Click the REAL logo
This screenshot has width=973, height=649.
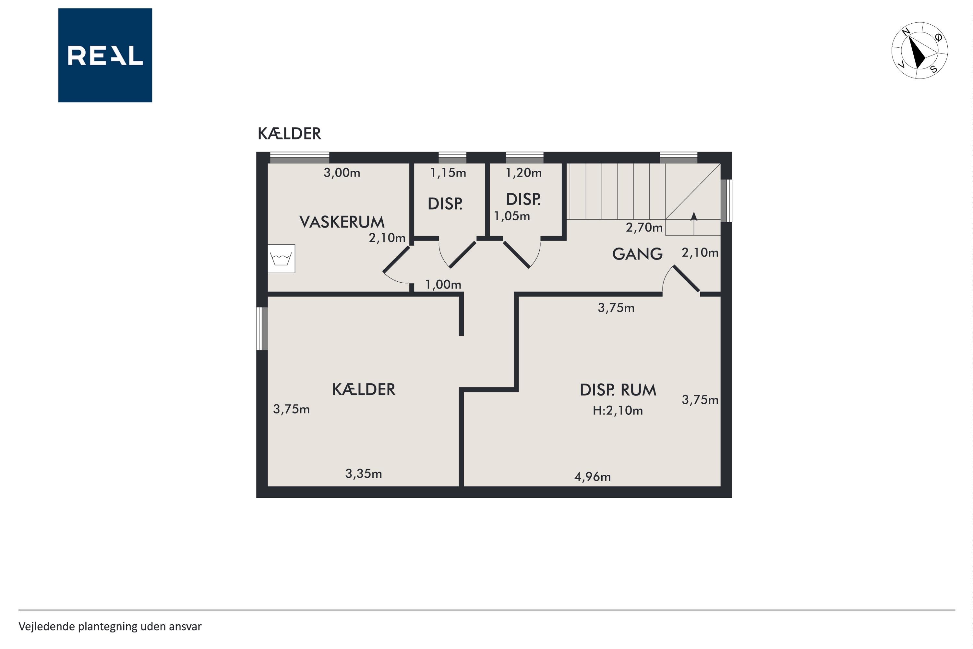click(x=105, y=55)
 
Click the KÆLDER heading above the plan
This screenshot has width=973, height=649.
click(x=289, y=133)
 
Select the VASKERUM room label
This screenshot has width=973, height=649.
click(x=342, y=222)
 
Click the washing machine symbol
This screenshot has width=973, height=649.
click(x=281, y=259)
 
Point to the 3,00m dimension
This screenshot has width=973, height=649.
click(x=342, y=173)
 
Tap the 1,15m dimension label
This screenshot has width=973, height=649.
click(x=448, y=173)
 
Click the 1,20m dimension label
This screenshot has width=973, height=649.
click(x=524, y=173)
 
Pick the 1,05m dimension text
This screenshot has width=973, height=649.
click(x=512, y=216)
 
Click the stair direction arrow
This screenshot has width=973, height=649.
click(x=694, y=224)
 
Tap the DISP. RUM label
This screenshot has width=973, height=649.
click(x=618, y=390)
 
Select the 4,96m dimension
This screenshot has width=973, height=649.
click(x=593, y=477)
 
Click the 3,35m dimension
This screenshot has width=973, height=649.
click(x=364, y=473)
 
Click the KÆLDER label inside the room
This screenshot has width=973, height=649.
click(x=364, y=389)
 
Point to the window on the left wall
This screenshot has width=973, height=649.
click(x=262, y=329)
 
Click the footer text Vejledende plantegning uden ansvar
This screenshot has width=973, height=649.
click(x=110, y=627)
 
